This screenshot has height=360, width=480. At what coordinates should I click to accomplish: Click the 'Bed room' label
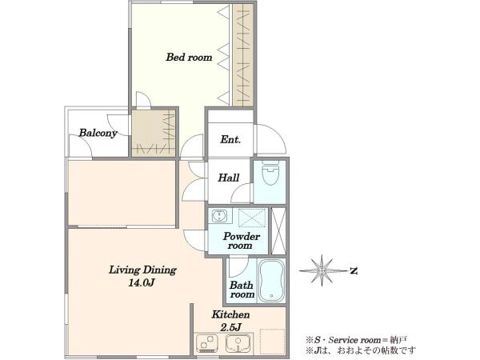pyautogui.click(x=189, y=58)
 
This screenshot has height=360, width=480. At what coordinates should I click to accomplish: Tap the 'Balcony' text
pyautogui.click(x=98, y=133)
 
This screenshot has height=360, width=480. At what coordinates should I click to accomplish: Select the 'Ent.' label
pyautogui.click(x=230, y=139)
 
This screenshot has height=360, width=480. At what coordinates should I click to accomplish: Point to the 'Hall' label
pyautogui.click(x=228, y=178)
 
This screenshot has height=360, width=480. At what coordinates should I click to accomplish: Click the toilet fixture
pyautogui.click(x=271, y=172)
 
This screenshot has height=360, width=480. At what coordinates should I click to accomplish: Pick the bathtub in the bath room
pyautogui.click(x=272, y=281)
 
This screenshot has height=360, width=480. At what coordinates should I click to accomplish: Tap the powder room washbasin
pyautogui.click(x=219, y=216)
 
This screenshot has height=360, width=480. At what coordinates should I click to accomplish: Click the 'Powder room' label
pyautogui.click(x=242, y=241)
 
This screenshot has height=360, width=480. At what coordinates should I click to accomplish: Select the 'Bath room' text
pyautogui.click(x=242, y=290)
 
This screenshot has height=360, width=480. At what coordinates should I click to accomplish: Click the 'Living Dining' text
pyautogui.click(x=142, y=270)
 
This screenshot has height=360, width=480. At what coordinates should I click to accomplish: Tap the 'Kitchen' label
pyautogui.click(x=231, y=314)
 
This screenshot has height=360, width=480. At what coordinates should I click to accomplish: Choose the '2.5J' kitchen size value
pyautogui.click(x=231, y=327)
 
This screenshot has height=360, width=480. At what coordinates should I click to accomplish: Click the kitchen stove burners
pyautogui.click(x=207, y=343)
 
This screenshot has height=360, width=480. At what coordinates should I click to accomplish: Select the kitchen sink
pyautogui.click(x=238, y=343)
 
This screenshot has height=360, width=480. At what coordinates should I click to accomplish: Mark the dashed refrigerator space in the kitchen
pyautogui.click(x=272, y=341)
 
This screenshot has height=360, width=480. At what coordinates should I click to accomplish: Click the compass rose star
pyautogui.click(x=322, y=270)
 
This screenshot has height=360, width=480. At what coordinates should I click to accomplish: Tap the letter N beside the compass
pyautogui.click(x=354, y=271)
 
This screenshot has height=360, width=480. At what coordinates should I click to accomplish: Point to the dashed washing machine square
pyautogui.click(x=252, y=218)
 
